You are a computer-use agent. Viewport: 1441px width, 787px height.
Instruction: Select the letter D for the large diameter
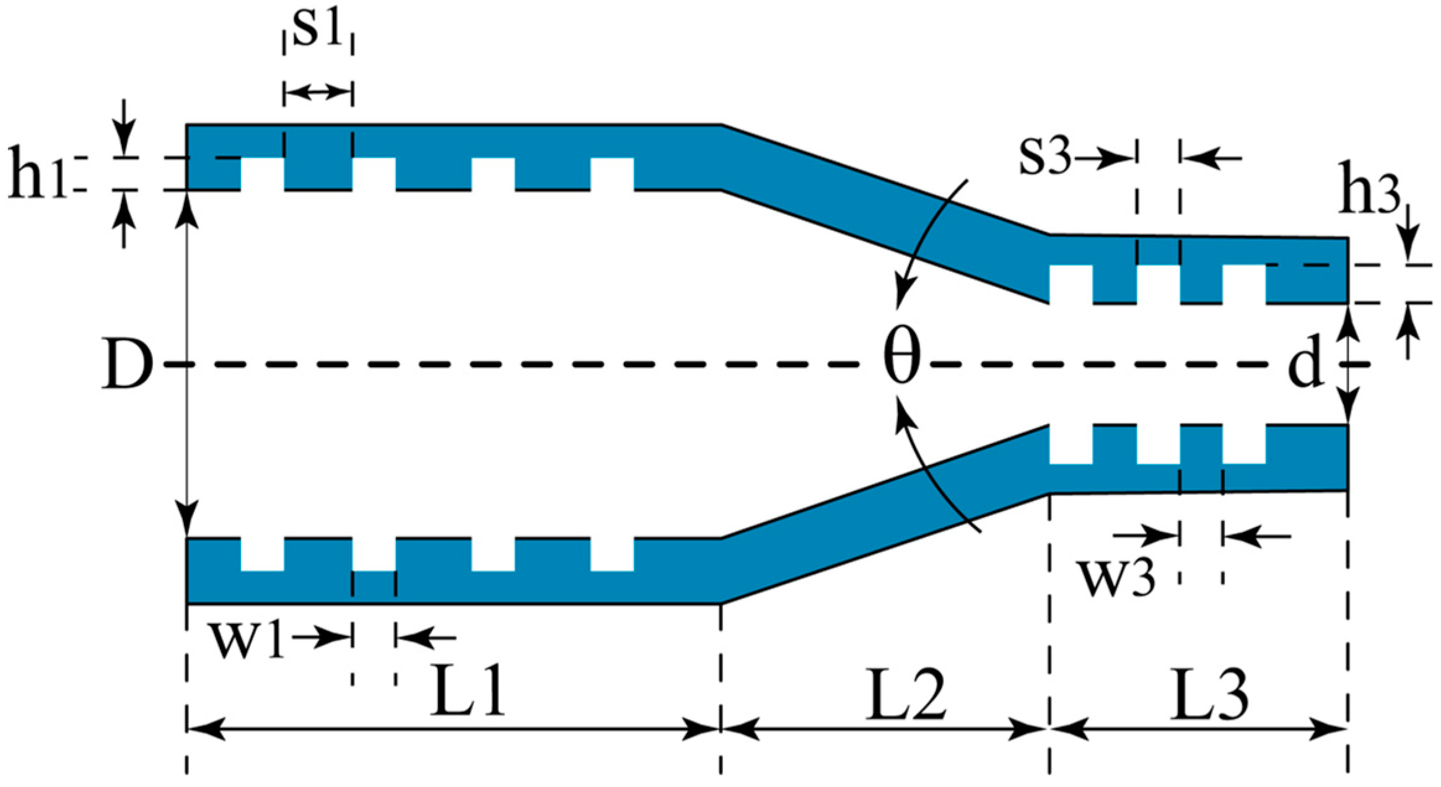(x=127, y=365)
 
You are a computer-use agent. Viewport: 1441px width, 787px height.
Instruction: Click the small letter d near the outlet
(x=1304, y=365)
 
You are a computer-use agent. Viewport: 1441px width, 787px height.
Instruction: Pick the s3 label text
(x=1045, y=159)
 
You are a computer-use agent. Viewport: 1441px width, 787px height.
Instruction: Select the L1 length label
(x=468, y=694)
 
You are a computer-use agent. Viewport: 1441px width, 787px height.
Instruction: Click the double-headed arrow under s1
(x=318, y=93)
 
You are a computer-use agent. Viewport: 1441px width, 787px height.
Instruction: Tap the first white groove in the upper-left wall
(x=262, y=173)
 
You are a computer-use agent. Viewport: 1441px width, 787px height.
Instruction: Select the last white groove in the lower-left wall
(x=612, y=554)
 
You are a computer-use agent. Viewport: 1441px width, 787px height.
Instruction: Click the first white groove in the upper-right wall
(x=1071, y=283)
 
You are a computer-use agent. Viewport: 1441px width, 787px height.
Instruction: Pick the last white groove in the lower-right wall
(x=1243, y=444)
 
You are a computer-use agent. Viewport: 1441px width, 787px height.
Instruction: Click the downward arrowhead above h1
(x=125, y=146)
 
